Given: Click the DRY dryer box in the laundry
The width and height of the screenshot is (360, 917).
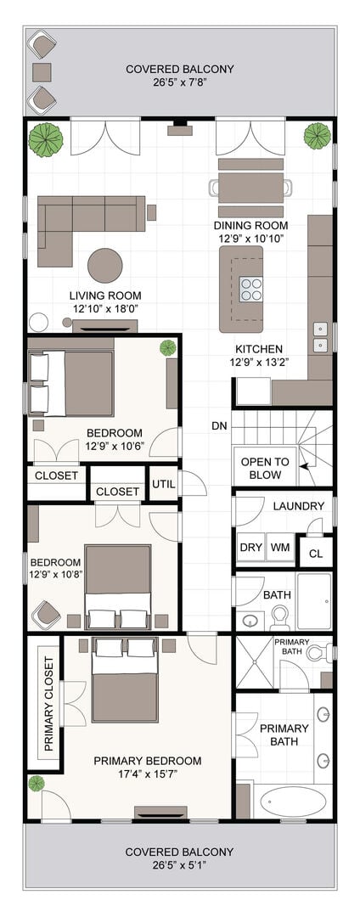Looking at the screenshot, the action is [250, 549].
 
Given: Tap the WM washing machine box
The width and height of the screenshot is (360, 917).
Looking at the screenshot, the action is [280, 549].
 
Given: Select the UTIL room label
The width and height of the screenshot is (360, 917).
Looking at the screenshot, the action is [163, 484].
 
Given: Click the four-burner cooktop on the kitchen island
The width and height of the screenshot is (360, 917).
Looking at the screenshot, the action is [250, 289].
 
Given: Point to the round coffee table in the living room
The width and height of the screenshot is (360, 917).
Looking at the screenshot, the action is [105, 266].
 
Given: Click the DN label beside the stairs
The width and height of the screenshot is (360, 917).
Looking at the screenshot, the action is [219, 426].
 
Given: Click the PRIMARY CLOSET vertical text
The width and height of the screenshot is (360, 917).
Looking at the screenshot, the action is [49, 704].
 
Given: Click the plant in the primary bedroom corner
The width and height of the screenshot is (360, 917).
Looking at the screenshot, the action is [37, 783].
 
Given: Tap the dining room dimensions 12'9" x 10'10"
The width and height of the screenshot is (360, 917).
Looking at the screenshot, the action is [250, 239].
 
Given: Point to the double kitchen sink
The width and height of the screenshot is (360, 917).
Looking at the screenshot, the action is [320, 338].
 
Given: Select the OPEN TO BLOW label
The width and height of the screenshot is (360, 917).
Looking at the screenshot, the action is [265, 468].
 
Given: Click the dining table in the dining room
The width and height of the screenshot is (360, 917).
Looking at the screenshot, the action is [250, 188].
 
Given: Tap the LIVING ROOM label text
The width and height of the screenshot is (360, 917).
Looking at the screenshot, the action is [105, 295].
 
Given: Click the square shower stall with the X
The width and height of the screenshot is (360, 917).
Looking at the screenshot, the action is [254, 662].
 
